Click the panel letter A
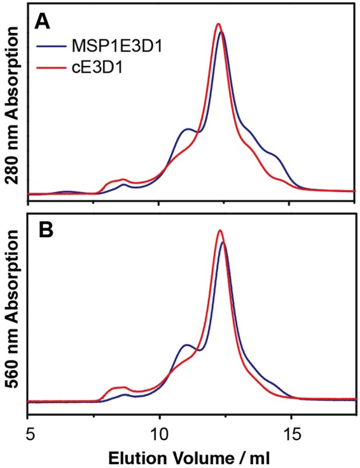click(x=42, y=22)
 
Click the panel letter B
click(x=42, y=231)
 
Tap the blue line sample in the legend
click(x=49, y=46)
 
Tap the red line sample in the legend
click(x=49, y=65)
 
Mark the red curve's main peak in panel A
click(x=218, y=24)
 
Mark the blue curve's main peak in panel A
click(x=221, y=32)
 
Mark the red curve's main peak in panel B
click(x=219, y=230)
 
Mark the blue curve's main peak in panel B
click(x=222, y=242)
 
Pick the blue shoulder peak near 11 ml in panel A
click(x=187, y=129)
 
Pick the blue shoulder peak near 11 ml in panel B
click(x=186, y=345)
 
